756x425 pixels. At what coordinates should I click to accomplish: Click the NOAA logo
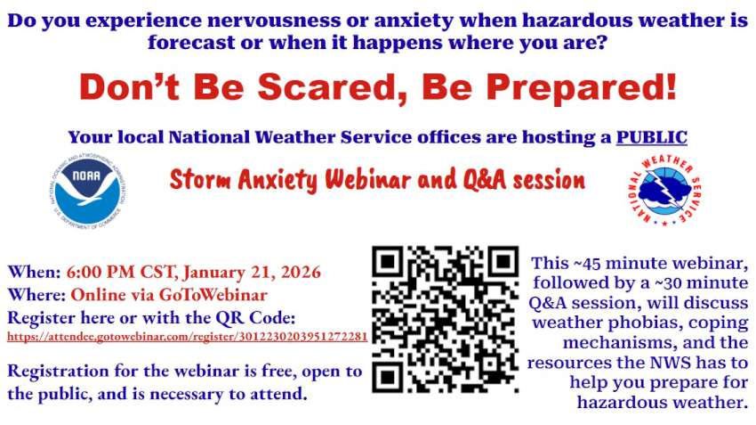point(88,192)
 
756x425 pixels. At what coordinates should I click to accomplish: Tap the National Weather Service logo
point(666,190)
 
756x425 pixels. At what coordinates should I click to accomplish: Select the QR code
point(445,319)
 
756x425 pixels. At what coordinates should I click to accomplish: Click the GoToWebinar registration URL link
point(187,337)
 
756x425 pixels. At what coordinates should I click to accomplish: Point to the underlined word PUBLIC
point(651,137)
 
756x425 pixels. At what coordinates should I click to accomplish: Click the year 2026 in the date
point(301,272)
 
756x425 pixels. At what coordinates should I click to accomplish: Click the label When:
point(34,272)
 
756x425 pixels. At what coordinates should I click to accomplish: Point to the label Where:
point(36,295)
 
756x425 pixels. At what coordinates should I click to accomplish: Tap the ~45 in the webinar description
point(586,263)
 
